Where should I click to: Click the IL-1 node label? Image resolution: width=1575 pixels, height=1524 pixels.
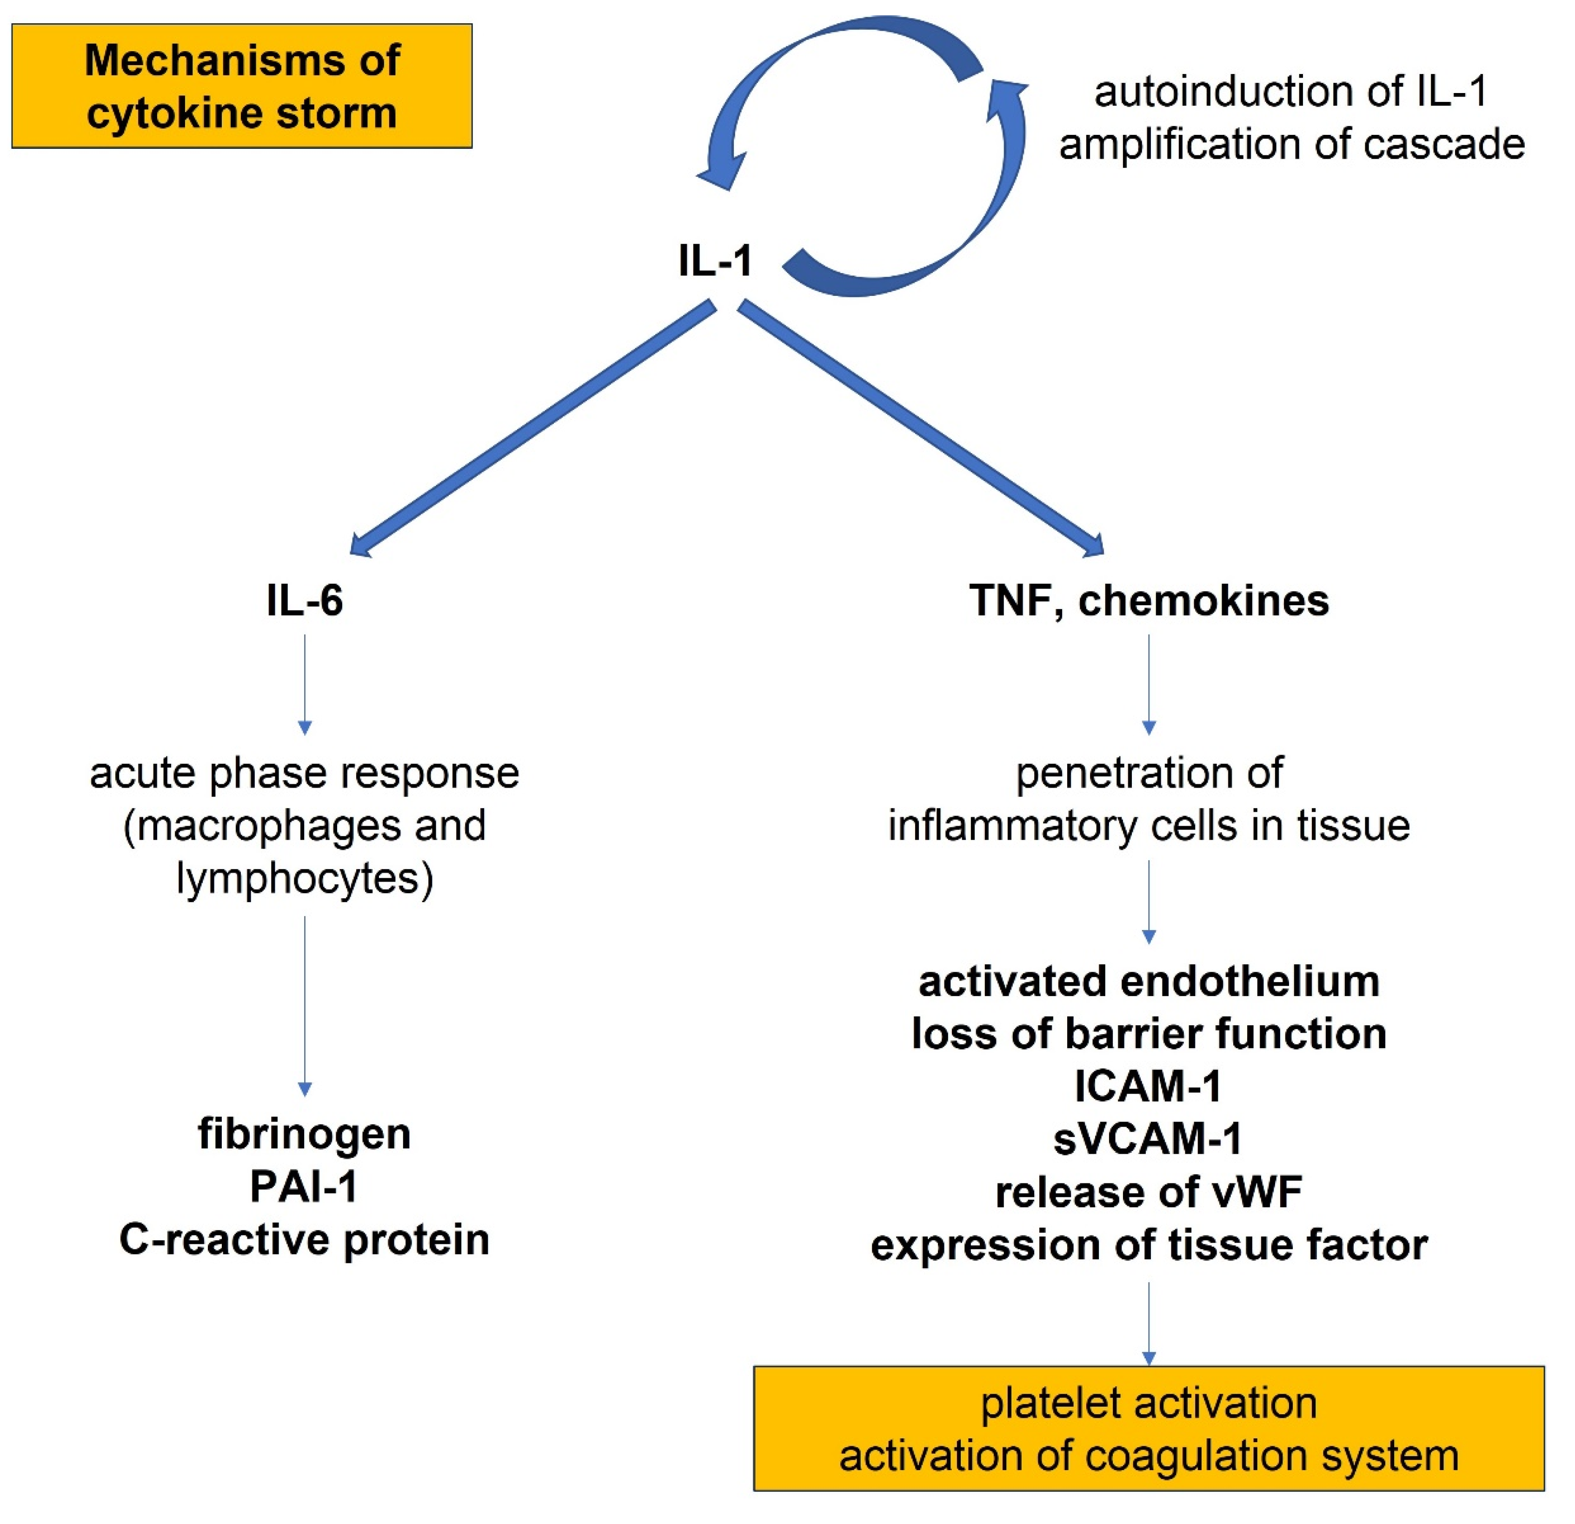[714, 261]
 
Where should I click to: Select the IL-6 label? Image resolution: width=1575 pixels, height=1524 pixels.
[305, 601]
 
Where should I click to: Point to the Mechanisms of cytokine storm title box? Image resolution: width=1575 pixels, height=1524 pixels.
[242, 86]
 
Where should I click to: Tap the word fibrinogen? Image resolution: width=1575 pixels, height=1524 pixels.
[305, 1134]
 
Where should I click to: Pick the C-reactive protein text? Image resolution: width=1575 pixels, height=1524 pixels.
[305, 1239]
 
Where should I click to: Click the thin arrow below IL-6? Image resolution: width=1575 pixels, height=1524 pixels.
[305, 683]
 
